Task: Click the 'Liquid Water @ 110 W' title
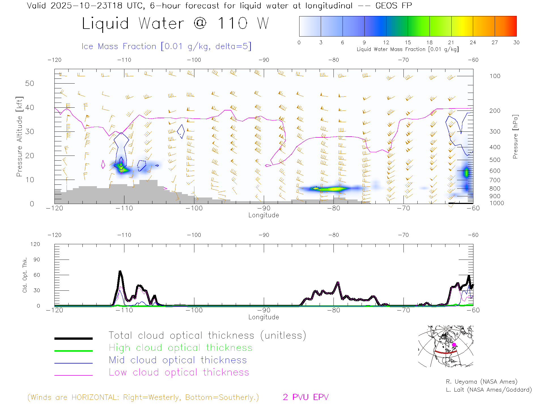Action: [x=175, y=23]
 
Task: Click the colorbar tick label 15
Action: [x=408, y=42]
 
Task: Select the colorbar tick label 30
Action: [x=516, y=42]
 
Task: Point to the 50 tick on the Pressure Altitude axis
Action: [x=29, y=83]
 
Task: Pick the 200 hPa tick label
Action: [x=495, y=111]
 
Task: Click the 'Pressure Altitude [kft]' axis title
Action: [x=19, y=137]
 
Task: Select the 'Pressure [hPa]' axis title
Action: [x=515, y=137]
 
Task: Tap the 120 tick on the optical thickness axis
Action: [x=35, y=244]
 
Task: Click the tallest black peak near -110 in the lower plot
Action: [x=120, y=271]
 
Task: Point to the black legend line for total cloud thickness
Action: [x=73, y=338]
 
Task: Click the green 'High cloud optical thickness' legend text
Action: [x=180, y=348]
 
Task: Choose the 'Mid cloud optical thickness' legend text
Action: [x=178, y=360]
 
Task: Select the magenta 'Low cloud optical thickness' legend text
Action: [x=179, y=372]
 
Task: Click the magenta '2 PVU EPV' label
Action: [x=305, y=397]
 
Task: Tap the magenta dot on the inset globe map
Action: [x=454, y=345]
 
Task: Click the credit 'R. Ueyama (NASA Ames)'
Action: [x=481, y=382]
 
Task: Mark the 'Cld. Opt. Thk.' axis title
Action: [x=25, y=275]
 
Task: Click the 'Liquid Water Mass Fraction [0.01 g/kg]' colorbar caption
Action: [x=407, y=49]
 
